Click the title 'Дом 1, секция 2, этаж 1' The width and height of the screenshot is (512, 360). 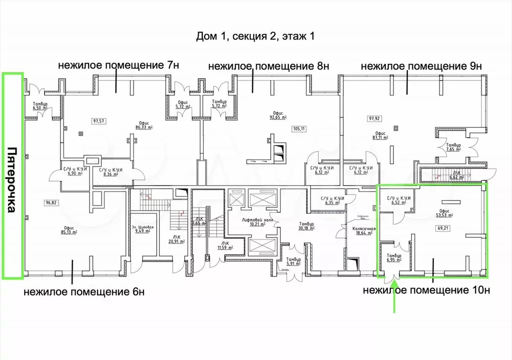click(x=256, y=36)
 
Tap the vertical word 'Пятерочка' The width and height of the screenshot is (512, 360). click(x=13, y=180)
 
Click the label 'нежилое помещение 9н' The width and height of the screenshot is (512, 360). click(x=420, y=65)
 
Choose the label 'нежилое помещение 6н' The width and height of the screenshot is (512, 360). click(x=84, y=292)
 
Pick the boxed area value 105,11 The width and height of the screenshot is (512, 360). click(x=299, y=128)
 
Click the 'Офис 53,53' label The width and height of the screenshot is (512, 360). click(x=443, y=213)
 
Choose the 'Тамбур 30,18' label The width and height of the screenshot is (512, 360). click(x=306, y=226)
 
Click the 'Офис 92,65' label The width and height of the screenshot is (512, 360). click(x=276, y=115)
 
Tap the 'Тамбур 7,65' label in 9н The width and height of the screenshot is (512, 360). click(x=453, y=147)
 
